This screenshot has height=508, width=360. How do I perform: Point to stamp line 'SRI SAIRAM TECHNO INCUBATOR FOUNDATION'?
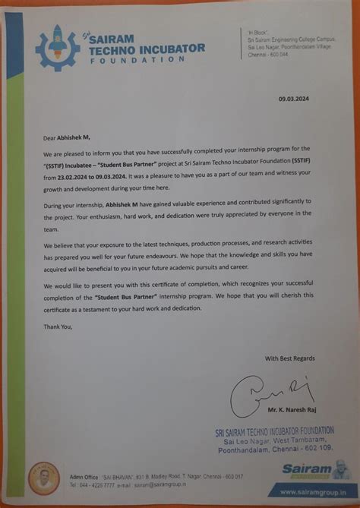click(x=273, y=431)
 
